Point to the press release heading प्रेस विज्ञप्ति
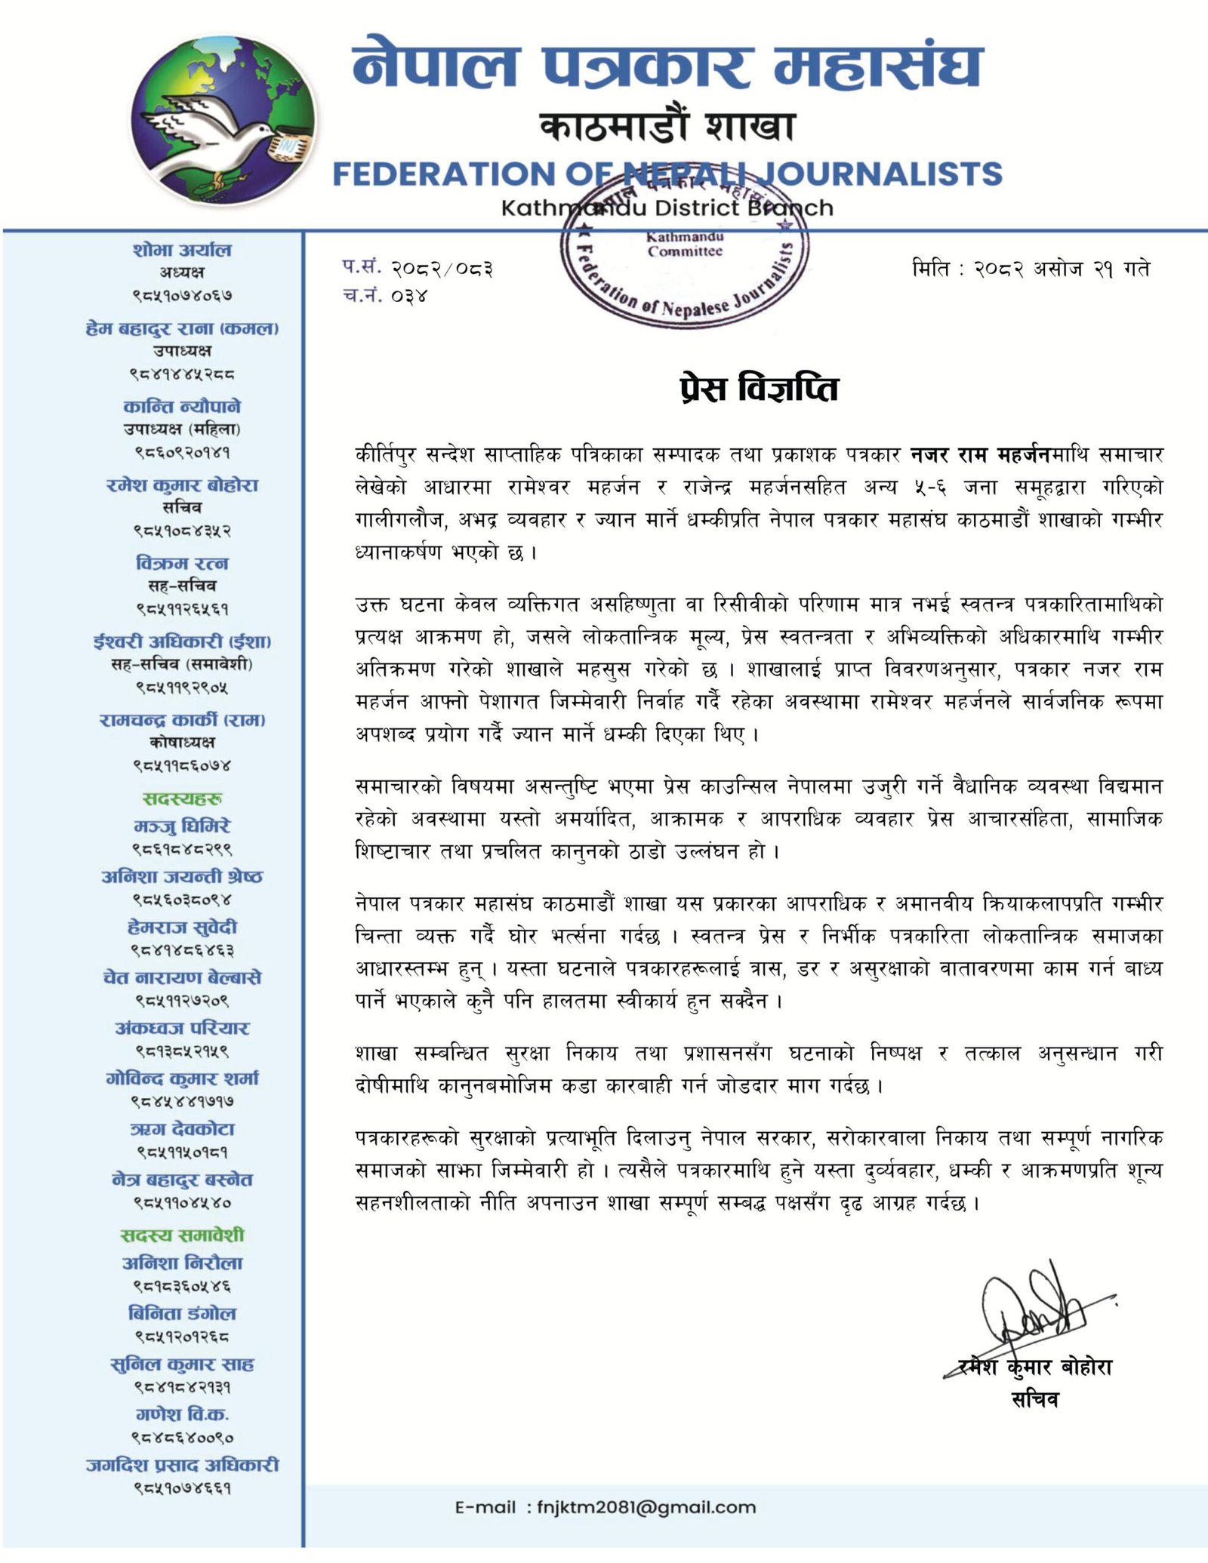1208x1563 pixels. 759,389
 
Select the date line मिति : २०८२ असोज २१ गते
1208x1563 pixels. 1031,269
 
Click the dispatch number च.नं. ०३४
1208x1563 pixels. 385,296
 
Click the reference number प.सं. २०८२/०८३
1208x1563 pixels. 418,268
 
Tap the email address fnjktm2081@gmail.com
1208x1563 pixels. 646,1508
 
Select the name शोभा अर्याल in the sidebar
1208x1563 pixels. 182,250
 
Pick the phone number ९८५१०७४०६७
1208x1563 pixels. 182,296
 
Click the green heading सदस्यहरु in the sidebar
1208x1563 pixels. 182,798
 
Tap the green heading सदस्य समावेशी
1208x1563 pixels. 182,1235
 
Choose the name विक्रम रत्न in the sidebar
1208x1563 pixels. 182,563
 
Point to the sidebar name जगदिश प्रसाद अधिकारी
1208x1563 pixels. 182,1465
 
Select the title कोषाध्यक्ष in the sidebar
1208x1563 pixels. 182,743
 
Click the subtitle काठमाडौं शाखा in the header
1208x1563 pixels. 667,125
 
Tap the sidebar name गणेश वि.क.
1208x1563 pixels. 182,1414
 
